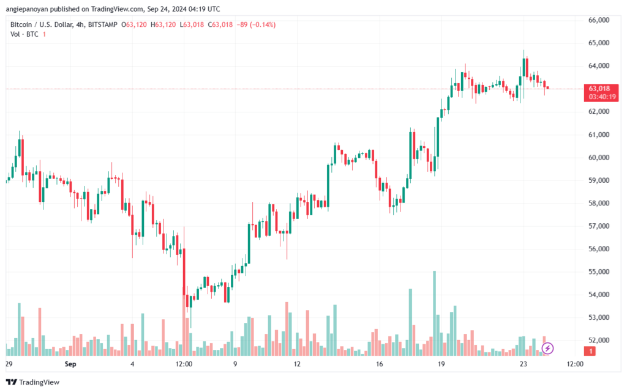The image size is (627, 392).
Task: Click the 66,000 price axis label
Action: [x=599, y=20]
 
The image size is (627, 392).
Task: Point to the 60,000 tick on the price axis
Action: [x=599, y=157]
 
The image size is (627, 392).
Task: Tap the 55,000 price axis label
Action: [x=599, y=272]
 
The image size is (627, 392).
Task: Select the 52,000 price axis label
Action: [x=599, y=341]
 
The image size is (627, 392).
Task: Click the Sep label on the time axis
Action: [x=70, y=364]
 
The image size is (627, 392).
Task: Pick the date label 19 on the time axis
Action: [x=441, y=364]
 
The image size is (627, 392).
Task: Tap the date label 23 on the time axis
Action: [x=524, y=364]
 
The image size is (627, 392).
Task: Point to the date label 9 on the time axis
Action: [x=235, y=364]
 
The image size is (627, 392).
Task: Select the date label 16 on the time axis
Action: [x=379, y=364]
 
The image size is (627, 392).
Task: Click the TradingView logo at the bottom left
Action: [x=33, y=382]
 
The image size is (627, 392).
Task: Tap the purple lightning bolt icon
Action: [x=547, y=349]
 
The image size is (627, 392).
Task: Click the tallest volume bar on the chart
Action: [x=434, y=313]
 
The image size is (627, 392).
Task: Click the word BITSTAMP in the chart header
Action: [x=103, y=24]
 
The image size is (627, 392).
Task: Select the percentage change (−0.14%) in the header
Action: [x=263, y=24]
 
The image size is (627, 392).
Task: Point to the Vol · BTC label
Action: [x=24, y=34]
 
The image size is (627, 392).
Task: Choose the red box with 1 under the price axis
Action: [x=590, y=351]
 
